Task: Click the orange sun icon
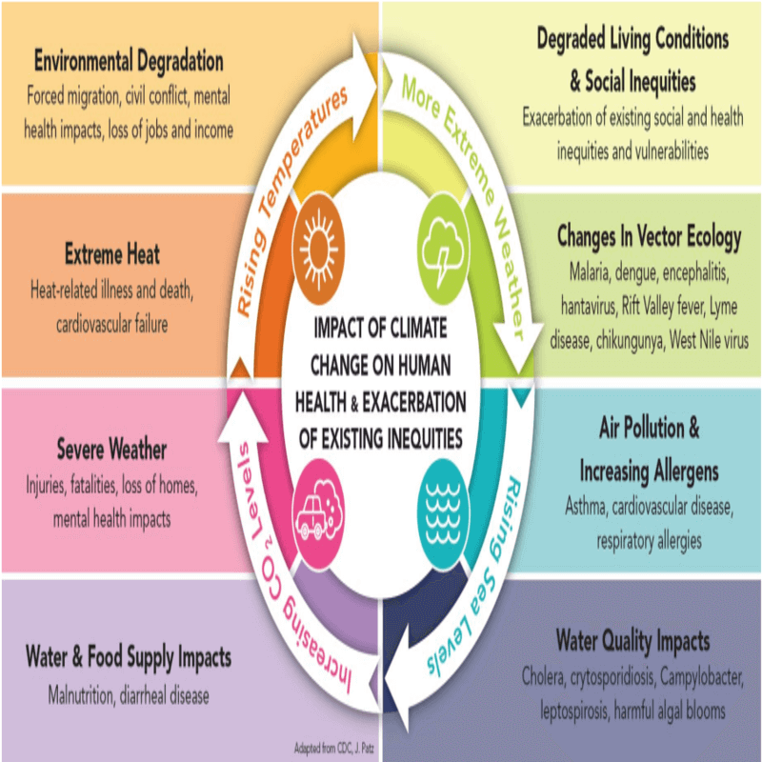pyautogui.click(x=318, y=249)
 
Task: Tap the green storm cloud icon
pyautogui.click(x=443, y=249)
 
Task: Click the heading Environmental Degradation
pyautogui.click(x=129, y=62)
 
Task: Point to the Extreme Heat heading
pyautogui.click(x=112, y=254)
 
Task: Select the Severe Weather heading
pyautogui.click(x=111, y=449)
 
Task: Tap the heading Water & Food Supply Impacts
pyautogui.click(x=129, y=657)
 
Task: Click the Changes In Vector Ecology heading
pyautogui.click(x=650, y=237)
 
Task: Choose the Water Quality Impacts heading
pyautogui.click(x=632, y=641)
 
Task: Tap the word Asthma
pyautogui.click(x=586, y=507)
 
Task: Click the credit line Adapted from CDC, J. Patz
pyautogui.click(x=334, y=748)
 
